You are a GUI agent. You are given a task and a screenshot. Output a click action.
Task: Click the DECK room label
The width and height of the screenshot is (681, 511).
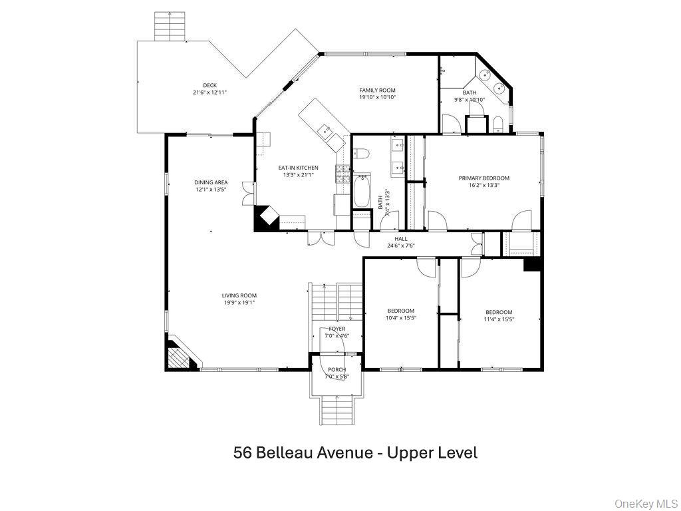pyautogui.click(x=210, y=85)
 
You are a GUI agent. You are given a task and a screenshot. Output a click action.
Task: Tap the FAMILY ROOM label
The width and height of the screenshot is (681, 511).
pyautogui.click(x=377, y=90)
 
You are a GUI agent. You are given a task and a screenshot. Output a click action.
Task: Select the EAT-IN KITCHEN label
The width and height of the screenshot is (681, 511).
pyautogui.click(x=298, y=168)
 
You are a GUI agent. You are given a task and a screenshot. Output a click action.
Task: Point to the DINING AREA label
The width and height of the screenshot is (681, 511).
pyautogui.click(x=211, y=182)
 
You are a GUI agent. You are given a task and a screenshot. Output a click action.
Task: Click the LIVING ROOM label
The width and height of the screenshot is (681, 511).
pyautogui.click(x=239, y=295)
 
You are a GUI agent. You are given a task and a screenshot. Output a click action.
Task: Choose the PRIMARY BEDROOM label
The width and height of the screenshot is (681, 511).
pyautogui.click(x=483, y=178)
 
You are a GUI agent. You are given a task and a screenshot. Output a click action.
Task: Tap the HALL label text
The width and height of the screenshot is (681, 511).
pyautogui.click(x=400, y=238)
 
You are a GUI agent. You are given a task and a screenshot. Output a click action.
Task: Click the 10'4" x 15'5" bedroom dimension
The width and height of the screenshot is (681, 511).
pyautogui.click(x=401, y=319)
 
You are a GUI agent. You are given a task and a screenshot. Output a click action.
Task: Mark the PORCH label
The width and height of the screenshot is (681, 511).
pyautogui.click(x=337, y=369)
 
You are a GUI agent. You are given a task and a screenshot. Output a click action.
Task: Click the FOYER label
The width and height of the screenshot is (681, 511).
pyautogui.click(x=337, y=329)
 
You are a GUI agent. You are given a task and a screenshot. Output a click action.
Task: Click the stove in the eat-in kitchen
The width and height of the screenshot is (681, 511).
pyautogui.click(x=343, y=174)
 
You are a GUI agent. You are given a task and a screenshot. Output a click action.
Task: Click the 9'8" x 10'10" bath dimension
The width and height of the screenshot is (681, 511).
pyautogui.click(x=470, y=100)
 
